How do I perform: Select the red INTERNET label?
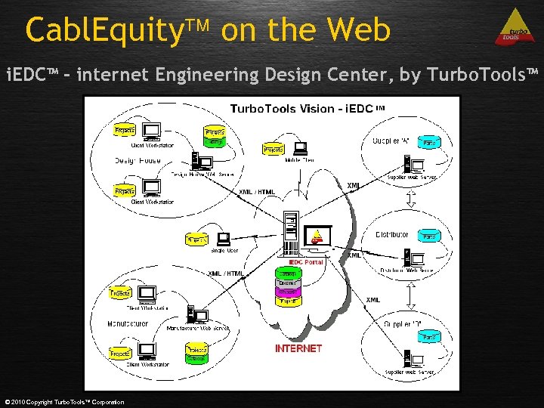(x=298, y=348)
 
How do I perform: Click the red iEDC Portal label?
(x=306, y=262)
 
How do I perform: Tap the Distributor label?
(x=391, y=235)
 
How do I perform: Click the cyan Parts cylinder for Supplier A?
(x=429, y=142)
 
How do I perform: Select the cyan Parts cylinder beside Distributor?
(x=429, y=236)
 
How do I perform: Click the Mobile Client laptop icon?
(x=300, y=148)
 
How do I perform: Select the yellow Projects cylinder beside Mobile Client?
(x=273, y=150)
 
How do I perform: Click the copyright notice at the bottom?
(x=64, y=402)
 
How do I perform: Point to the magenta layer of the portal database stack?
(x=287, y=291)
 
